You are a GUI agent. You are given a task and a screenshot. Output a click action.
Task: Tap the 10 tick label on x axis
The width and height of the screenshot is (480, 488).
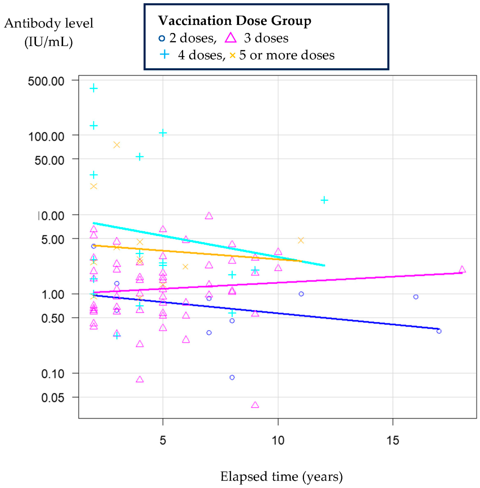[278, 440]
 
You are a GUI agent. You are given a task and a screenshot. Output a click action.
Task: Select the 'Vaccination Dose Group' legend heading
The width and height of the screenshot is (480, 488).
[235, 21]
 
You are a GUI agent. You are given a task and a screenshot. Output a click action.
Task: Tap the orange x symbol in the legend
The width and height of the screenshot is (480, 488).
[232, 55]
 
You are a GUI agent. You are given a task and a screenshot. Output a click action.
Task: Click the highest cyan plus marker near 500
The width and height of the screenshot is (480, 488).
[94, 88]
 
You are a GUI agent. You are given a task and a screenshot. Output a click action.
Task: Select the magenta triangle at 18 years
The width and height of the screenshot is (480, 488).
[462, 269]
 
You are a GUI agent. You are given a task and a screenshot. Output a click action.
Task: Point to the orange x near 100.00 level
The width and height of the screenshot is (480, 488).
[117, 145]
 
